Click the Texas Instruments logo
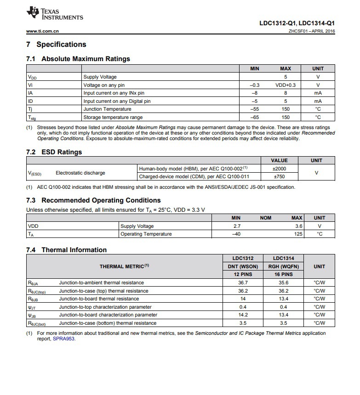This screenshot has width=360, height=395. pyautogui.click(x=55, y=14)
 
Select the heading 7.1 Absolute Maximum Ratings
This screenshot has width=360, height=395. pyautogui.click(x=78, y=59)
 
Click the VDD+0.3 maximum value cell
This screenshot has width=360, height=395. pyautogui.click(x=286, y=85)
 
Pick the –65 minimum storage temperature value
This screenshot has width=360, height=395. pyautogui.click(x=254, y=117)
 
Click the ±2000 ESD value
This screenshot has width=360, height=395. pyautogui.click(x=280, y=169)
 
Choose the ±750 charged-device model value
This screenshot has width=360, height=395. pyautogui.click(x=280, y=176)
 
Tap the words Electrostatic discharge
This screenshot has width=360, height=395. pyautogui.click(x=80, y=173)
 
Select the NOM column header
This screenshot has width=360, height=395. pyautogui.click(x=265, y=218)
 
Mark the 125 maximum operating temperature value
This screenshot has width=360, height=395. pyautogui.click(x=298, y=234)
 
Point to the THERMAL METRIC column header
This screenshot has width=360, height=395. pyautogui.click(x=124, y=266)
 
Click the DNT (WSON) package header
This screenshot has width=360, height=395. pyautogui.click(x=243, y=266)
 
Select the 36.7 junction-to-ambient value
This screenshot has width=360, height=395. pyautogui.click(x=243, y=283)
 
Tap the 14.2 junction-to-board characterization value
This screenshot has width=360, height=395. pyautogui.click(x=243, y=315)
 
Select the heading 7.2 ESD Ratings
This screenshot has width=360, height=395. pyautogui.click(x=54, y=152)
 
